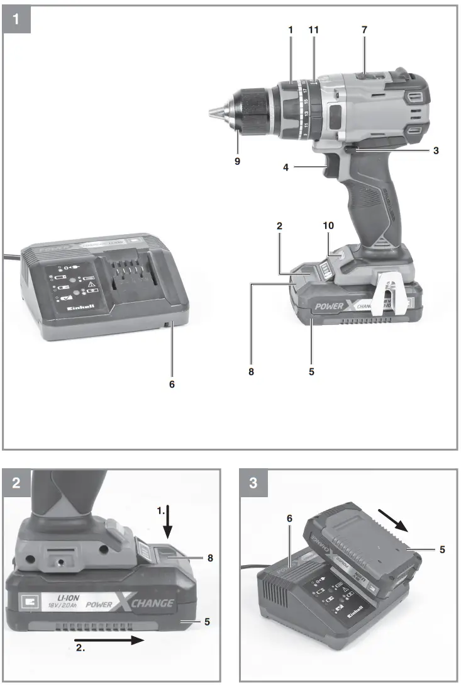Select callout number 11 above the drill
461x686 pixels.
click(314, 30)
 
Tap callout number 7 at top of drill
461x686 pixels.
click(364, 30)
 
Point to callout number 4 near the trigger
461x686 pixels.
click(286, 168)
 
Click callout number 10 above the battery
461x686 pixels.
click(328, 225)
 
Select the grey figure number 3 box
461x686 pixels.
click(253, 483)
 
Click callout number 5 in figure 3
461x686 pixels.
click(442, 549)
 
